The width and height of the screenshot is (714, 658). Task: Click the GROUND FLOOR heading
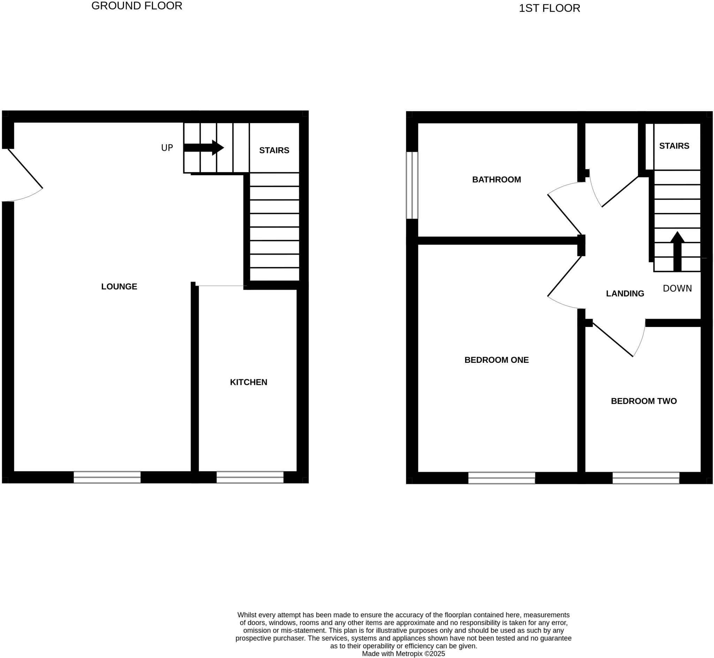coord(137,6)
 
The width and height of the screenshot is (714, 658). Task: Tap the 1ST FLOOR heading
coord(549,8)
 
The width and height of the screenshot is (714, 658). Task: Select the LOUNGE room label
coord(119,286)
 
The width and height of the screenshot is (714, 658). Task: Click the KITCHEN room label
coord(248,382)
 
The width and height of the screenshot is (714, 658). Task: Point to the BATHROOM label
coord(496,179)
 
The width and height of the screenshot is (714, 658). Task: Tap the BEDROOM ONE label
coord(496,360)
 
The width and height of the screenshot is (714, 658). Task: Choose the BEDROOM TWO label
coord(644,401)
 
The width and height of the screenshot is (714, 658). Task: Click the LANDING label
coord(625,293)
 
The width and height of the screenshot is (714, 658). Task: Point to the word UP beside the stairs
coord(167,148)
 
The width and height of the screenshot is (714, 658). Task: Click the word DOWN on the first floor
coord(677,289)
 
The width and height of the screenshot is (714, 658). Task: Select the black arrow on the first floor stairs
coord(677,251)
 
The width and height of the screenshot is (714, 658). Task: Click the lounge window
coord(107,477)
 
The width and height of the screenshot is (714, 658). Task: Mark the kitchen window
coord(250,477)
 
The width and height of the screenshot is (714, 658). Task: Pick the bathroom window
coord(412,185)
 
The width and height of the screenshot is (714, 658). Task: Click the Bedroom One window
coord(501,478)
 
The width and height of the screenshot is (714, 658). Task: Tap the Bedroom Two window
coord(646,478)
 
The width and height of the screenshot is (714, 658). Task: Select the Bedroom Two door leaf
coord(613,340)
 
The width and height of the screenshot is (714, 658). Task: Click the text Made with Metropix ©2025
coord(403,653)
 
